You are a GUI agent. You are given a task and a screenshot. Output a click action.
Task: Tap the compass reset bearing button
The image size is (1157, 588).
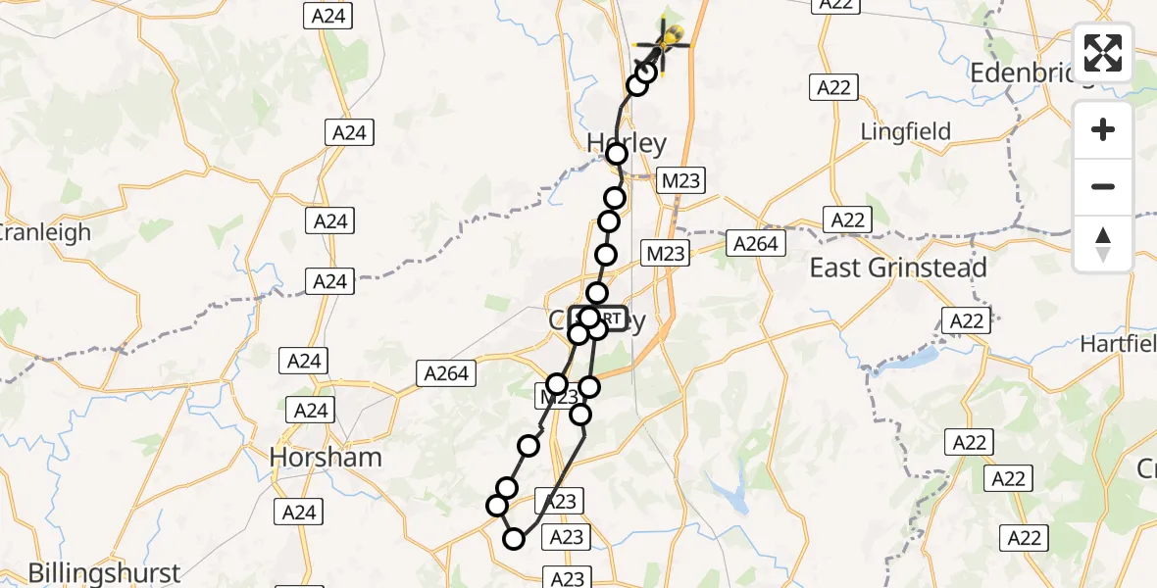(1103, 244)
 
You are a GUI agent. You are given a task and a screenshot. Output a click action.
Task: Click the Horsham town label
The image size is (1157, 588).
(327, 457)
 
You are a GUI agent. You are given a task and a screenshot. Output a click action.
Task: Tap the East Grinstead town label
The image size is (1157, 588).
(898, 267)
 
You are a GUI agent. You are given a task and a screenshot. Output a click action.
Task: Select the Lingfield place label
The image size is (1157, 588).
(905, 130)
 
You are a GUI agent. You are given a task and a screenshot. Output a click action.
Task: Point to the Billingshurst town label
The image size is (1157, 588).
(104, 573)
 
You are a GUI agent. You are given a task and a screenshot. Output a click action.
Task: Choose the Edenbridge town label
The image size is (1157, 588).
(1030, 73)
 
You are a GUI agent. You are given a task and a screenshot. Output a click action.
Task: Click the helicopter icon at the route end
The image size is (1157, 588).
(666, 42)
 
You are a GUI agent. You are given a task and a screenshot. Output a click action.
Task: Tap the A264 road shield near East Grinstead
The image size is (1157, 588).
(756, 242)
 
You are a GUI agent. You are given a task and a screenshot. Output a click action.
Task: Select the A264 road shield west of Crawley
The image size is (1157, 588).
(447, 372)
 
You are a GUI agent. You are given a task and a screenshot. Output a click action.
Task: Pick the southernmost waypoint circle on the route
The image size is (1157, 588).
(514, 538)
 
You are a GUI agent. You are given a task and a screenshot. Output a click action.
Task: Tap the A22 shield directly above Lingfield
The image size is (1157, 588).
(833, 87)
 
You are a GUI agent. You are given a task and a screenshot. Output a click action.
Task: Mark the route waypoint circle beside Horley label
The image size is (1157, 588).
(617, 155)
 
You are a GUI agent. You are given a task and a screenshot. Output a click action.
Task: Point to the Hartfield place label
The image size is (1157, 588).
(1118, 344)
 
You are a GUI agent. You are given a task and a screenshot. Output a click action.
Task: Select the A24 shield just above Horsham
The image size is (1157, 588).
(311, 411)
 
